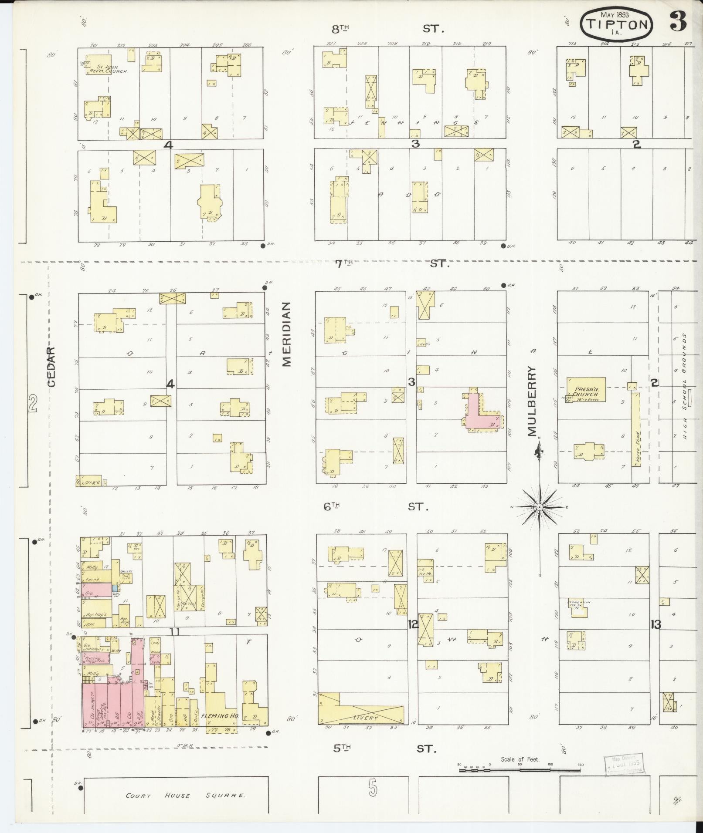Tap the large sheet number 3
pyautogui.click(x=678, y=20)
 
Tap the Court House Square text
pyautogui.click(x=186, y=796)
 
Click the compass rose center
pyautogui.click(x=539, y=508)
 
